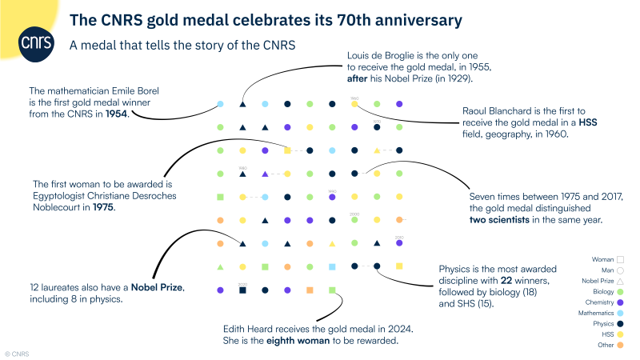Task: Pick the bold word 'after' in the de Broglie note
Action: click(359, 79)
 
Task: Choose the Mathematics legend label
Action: click(592, 313)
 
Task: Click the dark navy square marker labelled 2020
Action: click(242, 290)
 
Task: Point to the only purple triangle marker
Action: click(265, 174)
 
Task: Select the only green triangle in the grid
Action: click(220, 266)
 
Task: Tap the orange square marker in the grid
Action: click(310, 290)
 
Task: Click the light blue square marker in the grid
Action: click(332, 266)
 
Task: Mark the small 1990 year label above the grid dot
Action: click(332, 191)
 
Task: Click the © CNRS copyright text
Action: click(17, 352)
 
